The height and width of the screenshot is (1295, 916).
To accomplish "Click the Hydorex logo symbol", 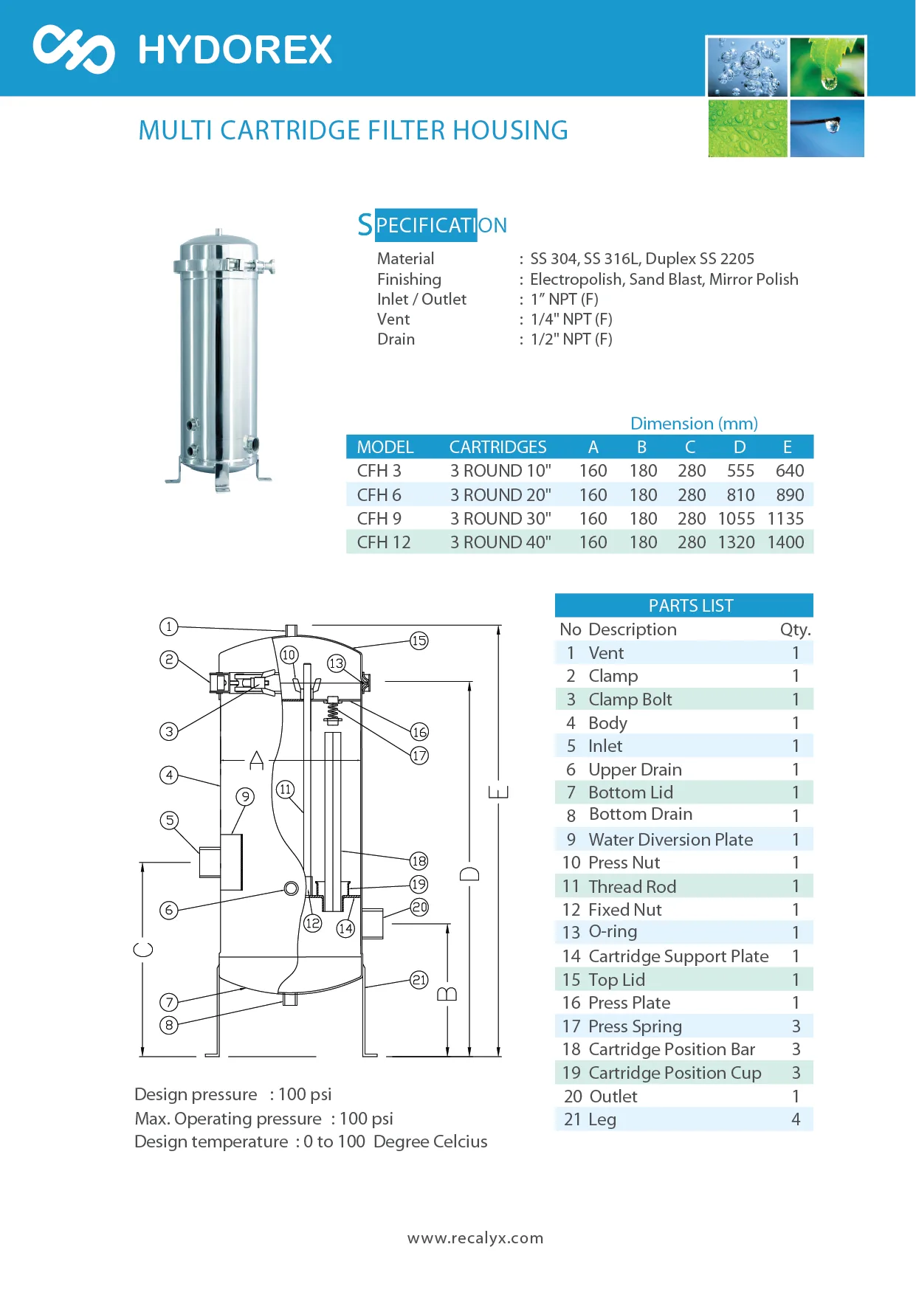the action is click(x=74, y=49).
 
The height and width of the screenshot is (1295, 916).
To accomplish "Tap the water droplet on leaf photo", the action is click(x=827, y=67).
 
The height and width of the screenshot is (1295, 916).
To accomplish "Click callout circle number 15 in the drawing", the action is click(x=419, y=640).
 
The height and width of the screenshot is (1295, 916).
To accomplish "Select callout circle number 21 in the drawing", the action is click(x=419, y=980).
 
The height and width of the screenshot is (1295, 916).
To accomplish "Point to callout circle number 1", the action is click(x=169, y=627).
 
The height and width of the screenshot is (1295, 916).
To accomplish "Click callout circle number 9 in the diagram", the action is click(x=245, y=797).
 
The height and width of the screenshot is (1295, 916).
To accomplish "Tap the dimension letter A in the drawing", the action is click(x=257, y=760).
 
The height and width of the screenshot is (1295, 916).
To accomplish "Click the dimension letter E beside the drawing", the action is click(x=499, y=792).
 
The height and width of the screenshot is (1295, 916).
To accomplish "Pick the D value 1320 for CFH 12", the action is click(x=736, y=542).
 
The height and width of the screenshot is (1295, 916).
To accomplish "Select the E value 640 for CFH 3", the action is click(x=790, y=471).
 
